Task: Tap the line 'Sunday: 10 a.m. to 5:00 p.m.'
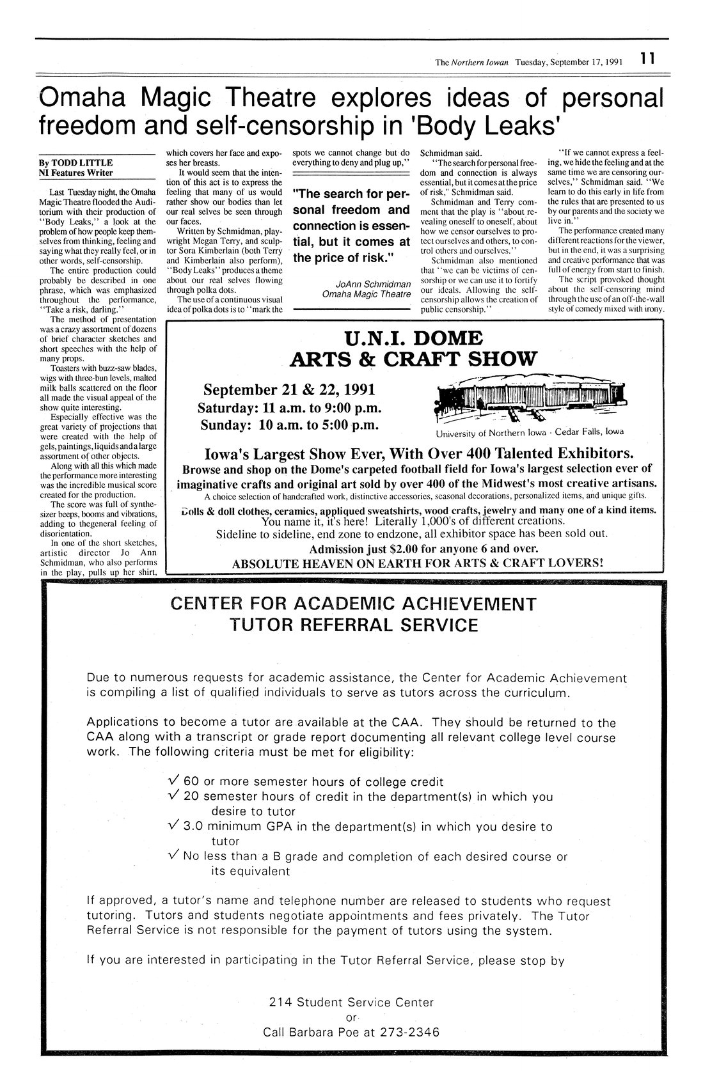point(290,425)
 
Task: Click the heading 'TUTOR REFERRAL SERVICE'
point(353,625)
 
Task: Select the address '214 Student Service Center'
point(351,1002)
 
